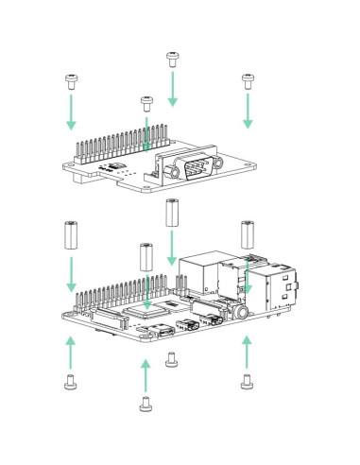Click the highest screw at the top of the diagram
[172, 59]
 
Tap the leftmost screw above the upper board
[70, 80]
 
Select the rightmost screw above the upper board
[248, 78]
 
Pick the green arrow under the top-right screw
[248, 110]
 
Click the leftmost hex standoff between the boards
[71, 234]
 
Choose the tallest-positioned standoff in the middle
[171, 213]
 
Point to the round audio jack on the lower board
[244, 310]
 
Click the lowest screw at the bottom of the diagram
[146, 405]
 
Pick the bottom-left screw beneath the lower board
[70, 382]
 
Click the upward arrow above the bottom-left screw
[71, 353]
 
